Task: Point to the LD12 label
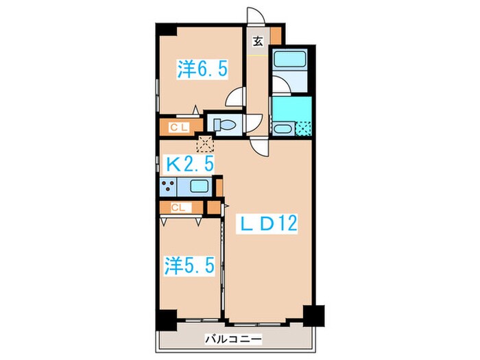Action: click(267, 224)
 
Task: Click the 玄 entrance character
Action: click(257, 40)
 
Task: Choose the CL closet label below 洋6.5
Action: click(179, 127)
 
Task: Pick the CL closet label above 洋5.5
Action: click(177, 206)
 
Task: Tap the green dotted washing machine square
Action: click(302, 128)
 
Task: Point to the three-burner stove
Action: click(167, 184)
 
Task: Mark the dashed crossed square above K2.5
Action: click(205, 144)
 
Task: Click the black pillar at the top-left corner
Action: click(165, 30)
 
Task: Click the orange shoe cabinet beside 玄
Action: click(276, 36)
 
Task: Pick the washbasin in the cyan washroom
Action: click(282, 128)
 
